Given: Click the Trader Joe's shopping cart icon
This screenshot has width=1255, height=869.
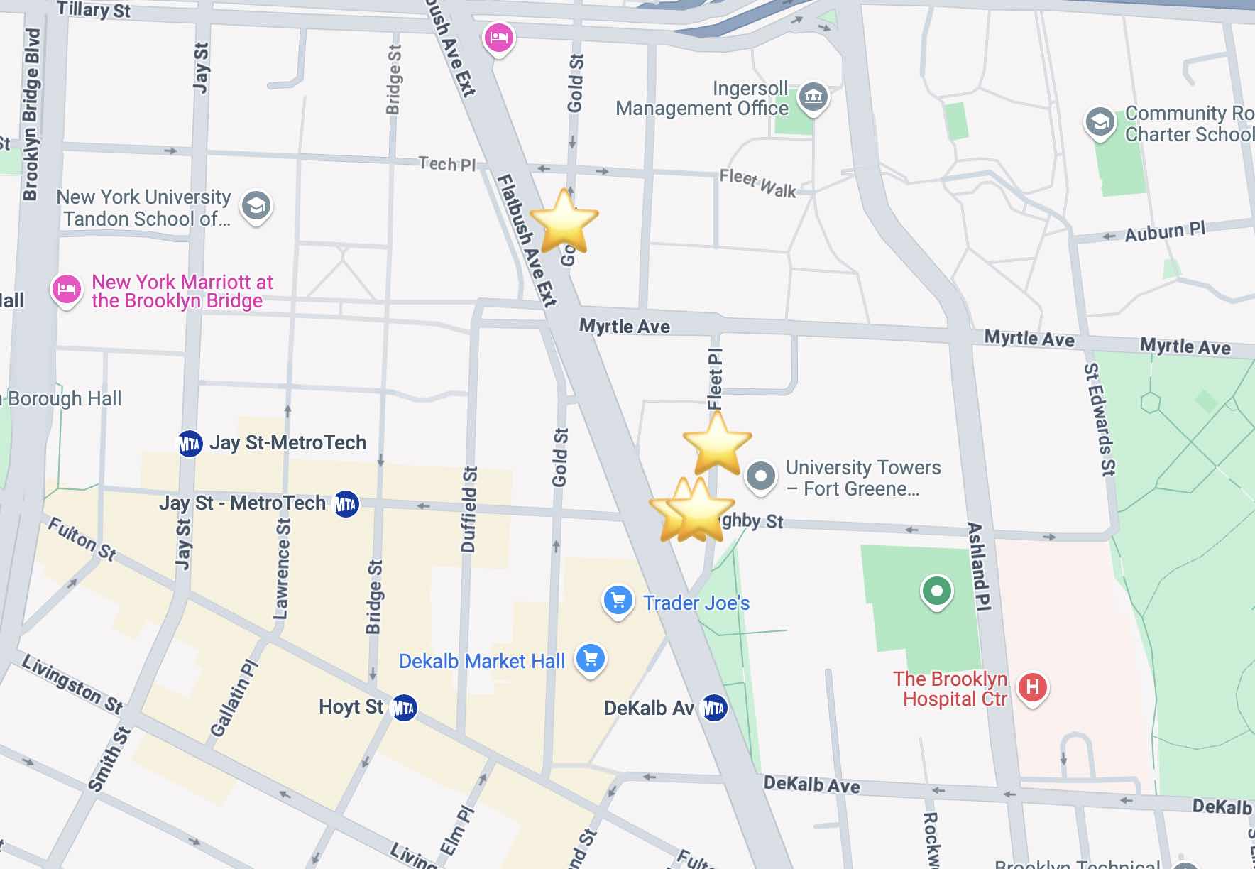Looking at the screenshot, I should [x=618, y=601].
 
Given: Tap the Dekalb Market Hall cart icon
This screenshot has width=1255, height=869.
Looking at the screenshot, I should [x=590, y=659].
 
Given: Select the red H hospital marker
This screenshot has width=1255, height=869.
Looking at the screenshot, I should [x=1032, y=687].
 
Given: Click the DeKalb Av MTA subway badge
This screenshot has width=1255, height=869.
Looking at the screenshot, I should [x=713, y=708].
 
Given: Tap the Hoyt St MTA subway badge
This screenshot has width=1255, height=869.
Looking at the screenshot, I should [x=404, y=707].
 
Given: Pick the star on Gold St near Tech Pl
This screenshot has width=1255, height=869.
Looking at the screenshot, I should [x=564, y=221].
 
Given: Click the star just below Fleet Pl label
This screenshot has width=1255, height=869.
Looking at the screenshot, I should [x=717, y=443].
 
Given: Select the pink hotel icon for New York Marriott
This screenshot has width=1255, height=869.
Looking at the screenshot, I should [x=67, y=290].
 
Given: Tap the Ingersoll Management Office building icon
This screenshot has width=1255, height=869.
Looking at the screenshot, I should [x=813, y=97].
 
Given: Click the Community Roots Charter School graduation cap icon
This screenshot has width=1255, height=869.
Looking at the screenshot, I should [x=1100, y=123].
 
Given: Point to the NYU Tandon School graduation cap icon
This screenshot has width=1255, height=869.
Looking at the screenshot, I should [x=256, y=207].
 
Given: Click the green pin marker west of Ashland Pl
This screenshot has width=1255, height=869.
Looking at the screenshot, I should [x=936, y=591].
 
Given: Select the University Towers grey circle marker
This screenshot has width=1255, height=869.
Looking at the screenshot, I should [x=760, y=476].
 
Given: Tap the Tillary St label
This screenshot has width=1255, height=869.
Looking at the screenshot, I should [x=94, y=10].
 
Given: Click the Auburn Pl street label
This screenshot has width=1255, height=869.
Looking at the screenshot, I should [x=1164, y=231].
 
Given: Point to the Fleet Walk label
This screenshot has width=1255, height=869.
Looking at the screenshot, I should [x=757, y=183].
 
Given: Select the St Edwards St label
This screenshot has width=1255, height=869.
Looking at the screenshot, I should [x=1100, y=419].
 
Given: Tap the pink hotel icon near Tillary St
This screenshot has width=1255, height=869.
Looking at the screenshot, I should [x=498, y=37].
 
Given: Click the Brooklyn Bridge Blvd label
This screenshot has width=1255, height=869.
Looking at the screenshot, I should [x=31, y=114].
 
